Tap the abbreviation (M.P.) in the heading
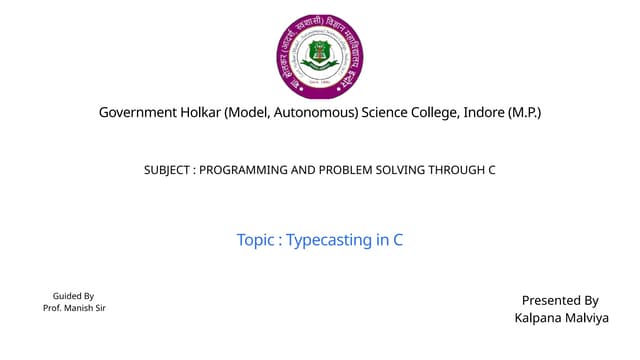point(524,113)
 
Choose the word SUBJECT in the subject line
point(168,170)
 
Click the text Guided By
point(73,296)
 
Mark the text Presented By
point(560,300)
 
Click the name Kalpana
point(538,318)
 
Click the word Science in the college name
point(392,113)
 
